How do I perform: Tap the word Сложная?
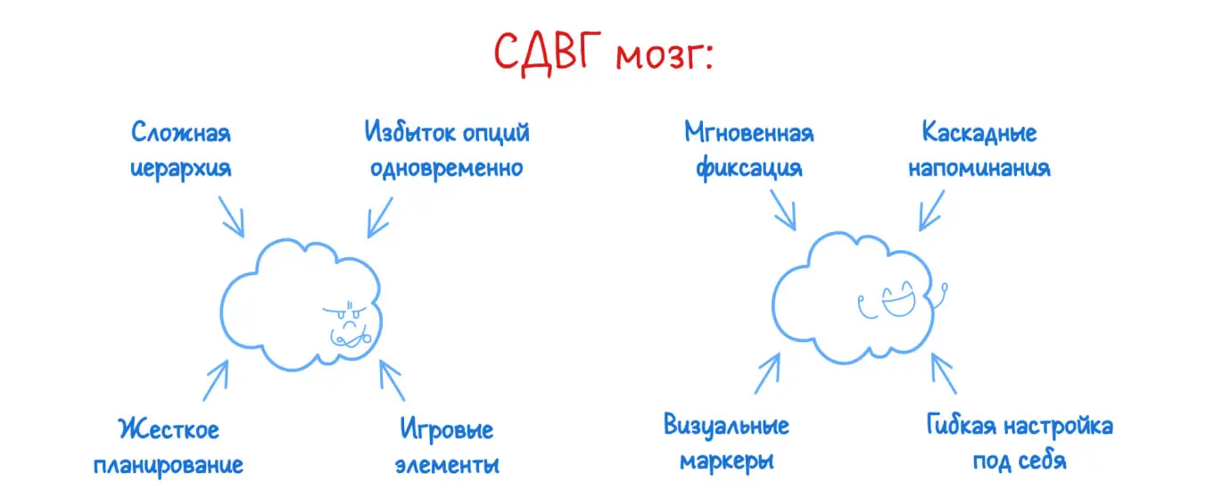(x=181, y=133)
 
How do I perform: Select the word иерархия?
(x=181, y=168)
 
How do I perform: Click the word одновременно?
(x=446, y=168)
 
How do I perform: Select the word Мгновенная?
(x=749, y=133)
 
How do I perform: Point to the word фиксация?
(x=748, y=168)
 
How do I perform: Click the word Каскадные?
(x=979, y=133)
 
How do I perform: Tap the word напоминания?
(x=979, y=168)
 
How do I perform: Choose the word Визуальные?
(x=726, y=426)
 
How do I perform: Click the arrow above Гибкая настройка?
(x=943, y=372)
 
